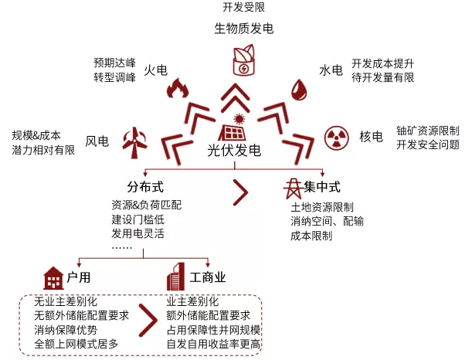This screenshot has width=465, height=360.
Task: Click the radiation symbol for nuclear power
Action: pyautogui.click(x=337, y=137)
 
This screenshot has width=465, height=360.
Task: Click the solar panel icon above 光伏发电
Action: pyautogui.click(x=233, y=129)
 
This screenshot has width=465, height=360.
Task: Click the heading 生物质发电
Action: pyautogui.click(x=243, y=29)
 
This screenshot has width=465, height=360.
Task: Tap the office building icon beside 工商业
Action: pyautogui.click(x=172, y=277)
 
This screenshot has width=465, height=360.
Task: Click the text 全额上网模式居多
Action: pyautogui.click(x=76, y=343)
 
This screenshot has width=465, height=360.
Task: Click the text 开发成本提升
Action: pyautogui.click(x=382, y=63)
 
